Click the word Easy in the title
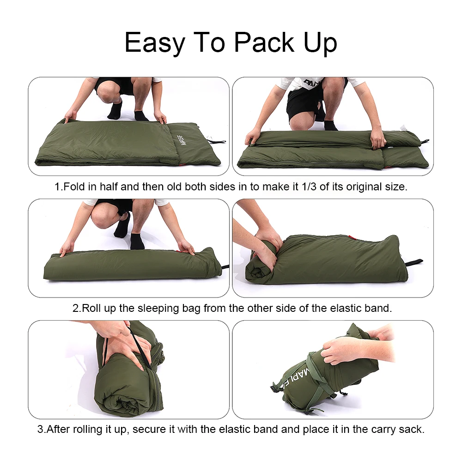tap(155, 43)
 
